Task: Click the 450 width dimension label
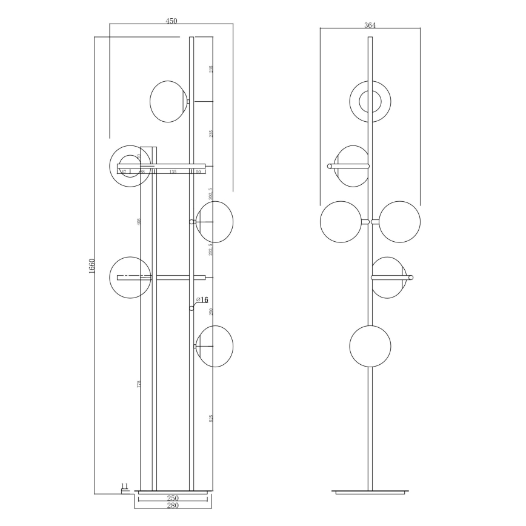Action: point(171,21)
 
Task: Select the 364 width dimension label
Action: point(370,25)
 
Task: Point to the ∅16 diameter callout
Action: point(202,300)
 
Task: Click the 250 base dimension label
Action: point(173,498)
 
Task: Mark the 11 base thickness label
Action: point(125,486)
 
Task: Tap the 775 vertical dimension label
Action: point(139,384)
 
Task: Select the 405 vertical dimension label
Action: point(139,222)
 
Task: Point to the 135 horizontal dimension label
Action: point(173,172)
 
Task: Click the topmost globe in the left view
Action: point(169,101)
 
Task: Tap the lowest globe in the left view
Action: point(215,347)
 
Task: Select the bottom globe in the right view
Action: point(370,346)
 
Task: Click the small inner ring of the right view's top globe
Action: point(370,102)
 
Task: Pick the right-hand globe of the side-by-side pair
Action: point(399,222)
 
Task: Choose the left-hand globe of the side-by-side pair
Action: point(341,222)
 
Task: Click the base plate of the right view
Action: point(370,491)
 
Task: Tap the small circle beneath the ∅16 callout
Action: point(192,308)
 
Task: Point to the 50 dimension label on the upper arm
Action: point(198,172)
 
